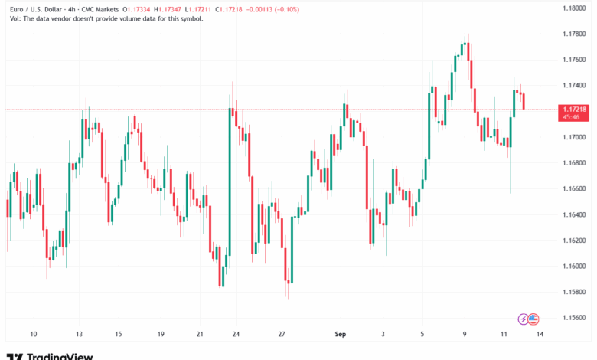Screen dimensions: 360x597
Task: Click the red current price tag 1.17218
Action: pyautogui.click(x=569, y=110)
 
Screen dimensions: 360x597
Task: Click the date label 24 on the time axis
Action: pyautogui.click(x=236, y=335)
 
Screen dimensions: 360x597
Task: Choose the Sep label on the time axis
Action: pyautogui.click(x=341, y=335)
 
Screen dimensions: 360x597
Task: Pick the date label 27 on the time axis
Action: pyautogui.click(x=282, y=335)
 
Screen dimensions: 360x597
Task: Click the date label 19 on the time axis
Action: pyautogui.click(x=161, y=335)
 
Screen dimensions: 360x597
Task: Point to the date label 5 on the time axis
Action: pyautogui.click(x=422, y=335)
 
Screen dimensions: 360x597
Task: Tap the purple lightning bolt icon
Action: pyautogui.click(x=523, y=318)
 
